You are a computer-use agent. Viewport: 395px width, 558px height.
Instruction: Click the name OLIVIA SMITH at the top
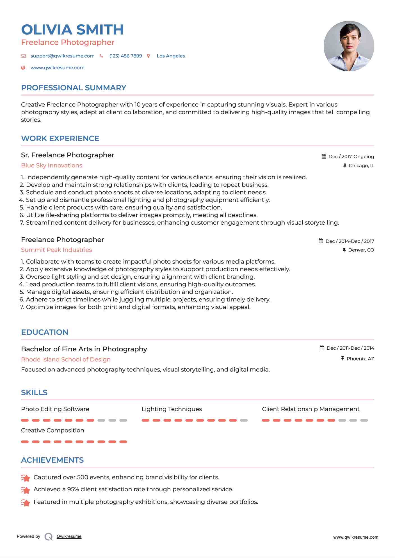coord(72,30)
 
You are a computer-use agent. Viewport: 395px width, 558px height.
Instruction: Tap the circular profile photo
coord(349,46)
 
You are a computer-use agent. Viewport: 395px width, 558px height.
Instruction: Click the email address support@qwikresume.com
coord(62,56)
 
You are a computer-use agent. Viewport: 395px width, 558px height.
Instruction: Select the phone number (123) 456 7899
coord(125,56)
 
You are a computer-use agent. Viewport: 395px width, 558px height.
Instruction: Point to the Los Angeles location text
coord(171,56)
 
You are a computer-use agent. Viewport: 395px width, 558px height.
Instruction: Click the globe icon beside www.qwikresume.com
coord(23,68)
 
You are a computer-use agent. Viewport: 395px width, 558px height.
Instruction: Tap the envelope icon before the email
coord(23,56)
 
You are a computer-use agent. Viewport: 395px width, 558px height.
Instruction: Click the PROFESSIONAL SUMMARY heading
coord(74,88)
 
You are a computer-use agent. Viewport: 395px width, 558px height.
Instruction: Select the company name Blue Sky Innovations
coord(52,165)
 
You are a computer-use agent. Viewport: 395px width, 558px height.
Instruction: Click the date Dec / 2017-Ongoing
coord(351,156)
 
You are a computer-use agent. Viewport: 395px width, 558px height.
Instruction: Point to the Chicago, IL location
coord(361,165)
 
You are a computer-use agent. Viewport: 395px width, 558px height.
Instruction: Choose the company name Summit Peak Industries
coord(56,250)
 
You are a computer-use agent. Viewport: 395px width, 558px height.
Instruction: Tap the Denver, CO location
coord(361,250)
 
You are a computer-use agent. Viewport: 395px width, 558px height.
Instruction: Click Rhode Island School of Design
coord(66,359)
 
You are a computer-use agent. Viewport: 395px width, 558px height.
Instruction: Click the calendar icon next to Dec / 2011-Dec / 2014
coord(322,348)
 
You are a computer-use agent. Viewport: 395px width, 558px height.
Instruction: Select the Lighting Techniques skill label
coord(172,409)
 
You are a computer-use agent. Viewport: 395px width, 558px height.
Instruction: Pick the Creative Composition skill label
coord(52,430)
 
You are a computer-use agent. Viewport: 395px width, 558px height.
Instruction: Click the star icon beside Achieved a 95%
coord(26,490)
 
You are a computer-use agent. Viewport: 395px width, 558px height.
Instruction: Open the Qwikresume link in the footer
coord(69,536)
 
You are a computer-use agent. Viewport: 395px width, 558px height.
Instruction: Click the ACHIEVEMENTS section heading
coord(52,460)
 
